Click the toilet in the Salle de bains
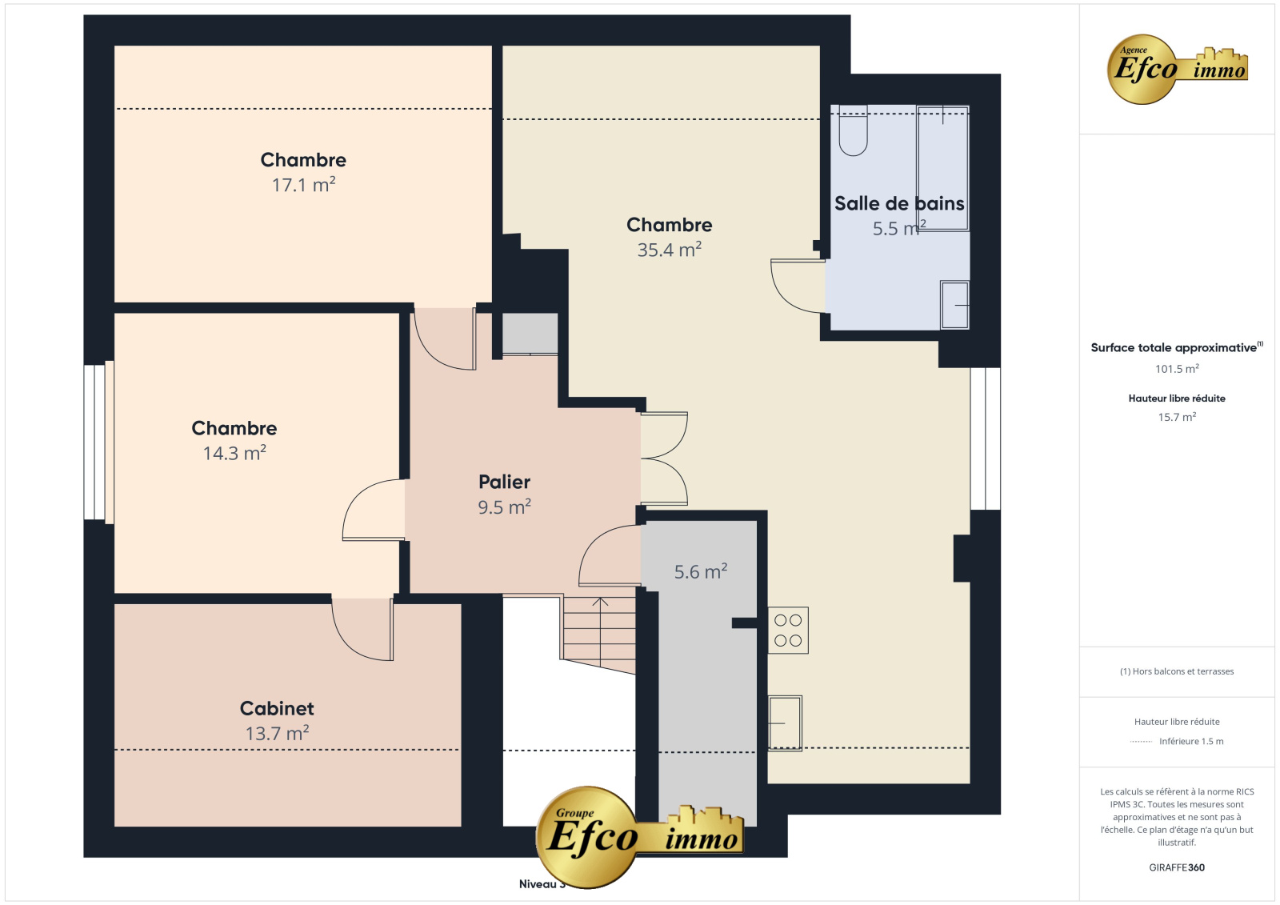pos(853,130)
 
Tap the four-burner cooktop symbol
pos(788,630)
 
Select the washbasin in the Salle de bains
pos(954,305)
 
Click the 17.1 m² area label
pos(303,185)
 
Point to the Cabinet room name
pos(277,708)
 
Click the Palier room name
pos(504,482)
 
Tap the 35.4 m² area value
pos(669,250)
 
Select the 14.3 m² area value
pos(234,453)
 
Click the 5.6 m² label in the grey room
pos(701,571)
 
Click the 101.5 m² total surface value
pos(1177,369)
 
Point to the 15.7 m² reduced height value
pos(1177,417)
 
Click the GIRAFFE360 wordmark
pos(1177,867)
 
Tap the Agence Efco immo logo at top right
pos(1177,69)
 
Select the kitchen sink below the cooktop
pos(785,723)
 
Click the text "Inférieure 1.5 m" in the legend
pos(1191,741)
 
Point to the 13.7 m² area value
pos(277,733)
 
